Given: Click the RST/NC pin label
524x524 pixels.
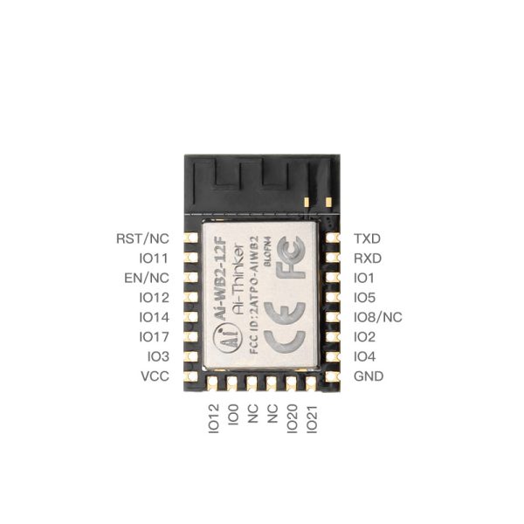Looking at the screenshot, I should click(142, 238).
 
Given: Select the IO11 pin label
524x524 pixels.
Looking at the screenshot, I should click(153, 259).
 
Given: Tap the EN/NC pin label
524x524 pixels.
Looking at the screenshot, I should click(146, 279).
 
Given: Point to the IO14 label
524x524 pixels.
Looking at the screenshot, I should click(153, 318).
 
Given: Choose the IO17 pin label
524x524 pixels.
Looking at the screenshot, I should click(153, 337).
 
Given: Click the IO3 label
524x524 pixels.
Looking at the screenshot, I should click(157, 357).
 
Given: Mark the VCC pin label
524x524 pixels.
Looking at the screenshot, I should click(155, 377).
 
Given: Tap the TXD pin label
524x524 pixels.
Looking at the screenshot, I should click(368, 238).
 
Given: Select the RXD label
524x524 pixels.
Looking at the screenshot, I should click(368, 259).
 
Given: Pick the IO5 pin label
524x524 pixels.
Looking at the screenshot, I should click(364, 298).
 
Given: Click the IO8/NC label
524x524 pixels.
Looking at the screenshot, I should click(377, 318).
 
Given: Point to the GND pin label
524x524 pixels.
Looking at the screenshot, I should click(368, 377).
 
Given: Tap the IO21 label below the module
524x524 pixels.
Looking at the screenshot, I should click(312, 418).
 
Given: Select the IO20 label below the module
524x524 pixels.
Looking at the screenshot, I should click(293, 418).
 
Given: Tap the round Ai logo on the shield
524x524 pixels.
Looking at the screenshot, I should click(226, 341).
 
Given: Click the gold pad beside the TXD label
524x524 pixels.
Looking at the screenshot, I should click(332, 238).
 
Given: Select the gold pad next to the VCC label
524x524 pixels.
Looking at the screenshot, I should click(190, 377).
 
